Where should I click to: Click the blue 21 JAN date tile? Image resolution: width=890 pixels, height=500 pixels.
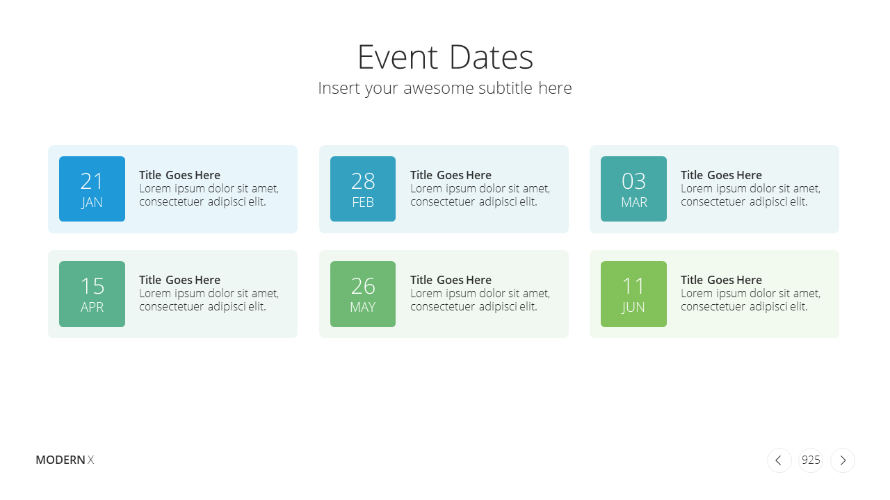tap(92, 189)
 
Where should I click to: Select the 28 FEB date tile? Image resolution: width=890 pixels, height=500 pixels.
tap(363, 189)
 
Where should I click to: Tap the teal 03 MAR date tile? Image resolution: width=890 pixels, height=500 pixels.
tap(633, 189)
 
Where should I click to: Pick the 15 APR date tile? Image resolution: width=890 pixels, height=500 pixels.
tap(92, 294)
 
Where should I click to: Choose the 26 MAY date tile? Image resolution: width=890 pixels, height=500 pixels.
tap(363, 294)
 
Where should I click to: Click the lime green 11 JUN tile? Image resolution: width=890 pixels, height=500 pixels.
tap(633, 294)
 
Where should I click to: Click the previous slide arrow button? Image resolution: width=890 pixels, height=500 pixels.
tap(779, 460)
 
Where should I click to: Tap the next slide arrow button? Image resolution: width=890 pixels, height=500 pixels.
tap(843, 460)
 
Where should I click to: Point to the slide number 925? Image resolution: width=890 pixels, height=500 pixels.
tap(811, 460)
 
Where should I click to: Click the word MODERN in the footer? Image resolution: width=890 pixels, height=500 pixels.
tap(60, 460)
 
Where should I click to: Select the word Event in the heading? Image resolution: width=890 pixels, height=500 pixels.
tap(398, 57)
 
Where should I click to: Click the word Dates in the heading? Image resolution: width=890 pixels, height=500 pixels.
tap(491, 57)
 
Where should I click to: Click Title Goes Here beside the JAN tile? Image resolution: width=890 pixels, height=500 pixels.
tap(179, 175)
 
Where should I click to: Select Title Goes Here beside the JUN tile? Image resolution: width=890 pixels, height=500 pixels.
tap(721, 280)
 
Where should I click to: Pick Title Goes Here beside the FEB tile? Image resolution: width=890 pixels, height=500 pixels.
tap(451, 175)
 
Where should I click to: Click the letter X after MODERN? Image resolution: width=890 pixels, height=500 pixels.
tap(90, 460)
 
